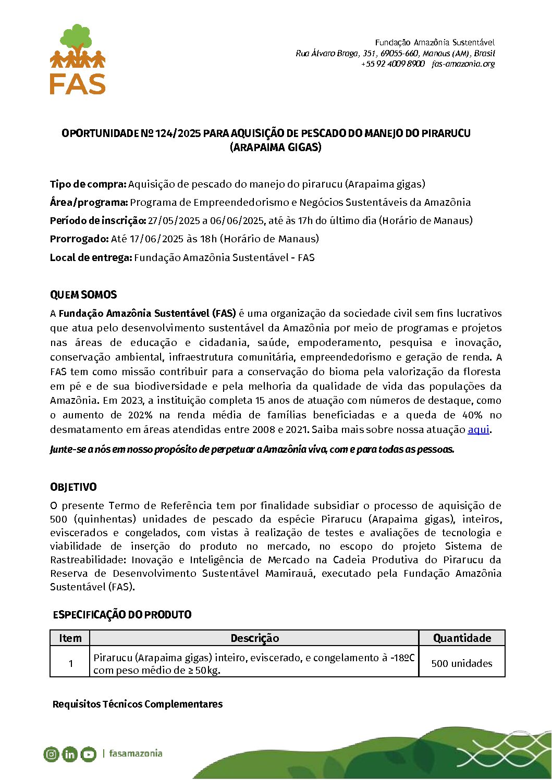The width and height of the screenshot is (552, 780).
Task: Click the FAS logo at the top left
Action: (78, 59)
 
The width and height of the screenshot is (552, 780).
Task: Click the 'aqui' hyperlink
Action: (478, 430)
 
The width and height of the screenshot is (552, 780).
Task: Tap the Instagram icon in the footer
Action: (51, 754)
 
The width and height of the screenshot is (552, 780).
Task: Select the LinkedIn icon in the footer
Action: (70, 754)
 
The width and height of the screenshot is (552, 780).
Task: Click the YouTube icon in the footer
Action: (89, 754)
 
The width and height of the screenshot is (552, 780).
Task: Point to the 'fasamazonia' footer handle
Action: (136, 753)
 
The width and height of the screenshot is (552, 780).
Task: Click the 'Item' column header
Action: (70, 638)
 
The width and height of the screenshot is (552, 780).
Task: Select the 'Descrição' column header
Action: (254, 638)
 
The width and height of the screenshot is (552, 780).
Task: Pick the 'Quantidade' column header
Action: (462, 638)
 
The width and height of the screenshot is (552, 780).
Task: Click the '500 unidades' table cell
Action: (462, 663)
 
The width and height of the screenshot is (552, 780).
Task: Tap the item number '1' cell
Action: (70, 663)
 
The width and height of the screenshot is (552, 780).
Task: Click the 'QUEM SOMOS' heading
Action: (83, 295)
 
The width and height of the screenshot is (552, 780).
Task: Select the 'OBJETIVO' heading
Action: (73, 487)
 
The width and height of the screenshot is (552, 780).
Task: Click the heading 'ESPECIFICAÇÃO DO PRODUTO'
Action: (122, 615)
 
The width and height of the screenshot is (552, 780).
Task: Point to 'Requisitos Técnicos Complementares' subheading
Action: (138, 704)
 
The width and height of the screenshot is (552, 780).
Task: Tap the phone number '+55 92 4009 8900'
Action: (392, 64)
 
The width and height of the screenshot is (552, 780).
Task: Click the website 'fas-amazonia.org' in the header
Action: (463, 64)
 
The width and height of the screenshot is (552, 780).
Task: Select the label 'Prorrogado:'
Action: (79, 239)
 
